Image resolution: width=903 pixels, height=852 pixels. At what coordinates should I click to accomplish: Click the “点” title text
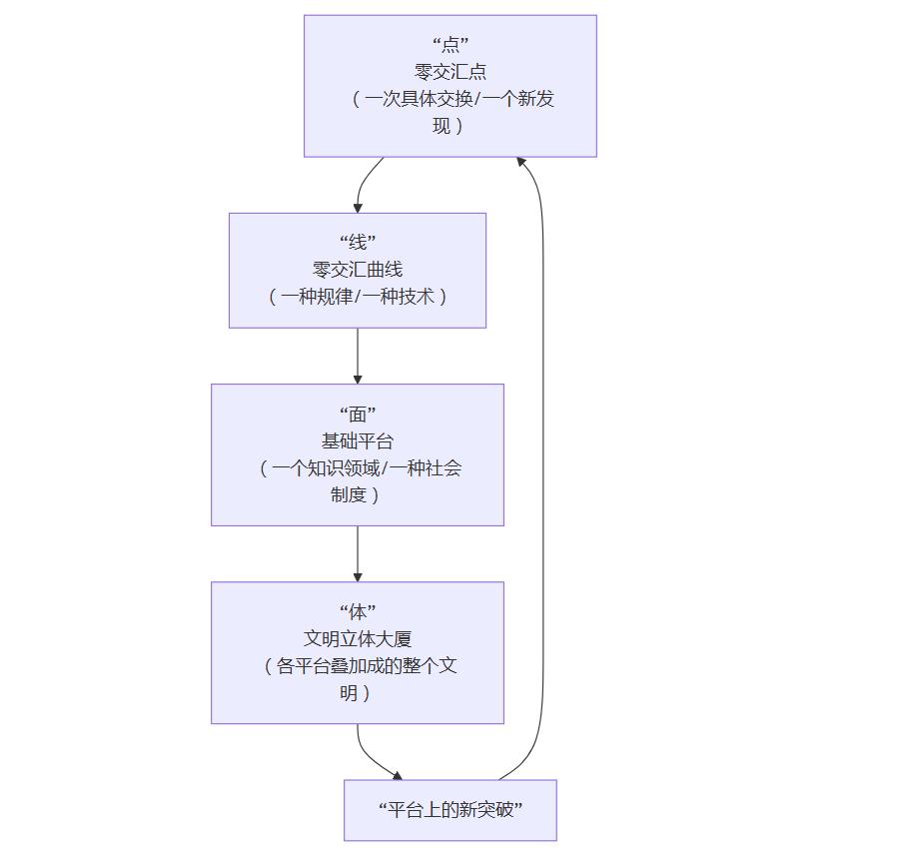tap(451, 44)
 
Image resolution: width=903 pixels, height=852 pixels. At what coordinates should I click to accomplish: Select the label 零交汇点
tap(451, 71)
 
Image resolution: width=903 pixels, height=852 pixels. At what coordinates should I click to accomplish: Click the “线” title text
tap(358, 242)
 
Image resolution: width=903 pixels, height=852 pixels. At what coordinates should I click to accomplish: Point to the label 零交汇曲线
tap(358, 269)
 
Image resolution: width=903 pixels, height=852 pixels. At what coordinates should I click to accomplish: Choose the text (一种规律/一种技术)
tap(358, 297)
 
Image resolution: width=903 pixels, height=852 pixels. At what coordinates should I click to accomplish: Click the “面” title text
tap(358, 414)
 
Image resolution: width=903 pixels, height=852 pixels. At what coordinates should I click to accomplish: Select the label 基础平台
tap(358, 440)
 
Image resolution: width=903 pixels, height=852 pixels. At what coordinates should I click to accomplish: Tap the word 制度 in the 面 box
tap(349, 494)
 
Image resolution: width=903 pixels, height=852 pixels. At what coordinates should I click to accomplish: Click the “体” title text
tap(358, 611)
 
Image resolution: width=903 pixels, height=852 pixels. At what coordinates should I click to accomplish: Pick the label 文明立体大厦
tap(358, 638)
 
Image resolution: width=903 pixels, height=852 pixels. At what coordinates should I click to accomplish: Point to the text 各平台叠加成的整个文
tap(360, 666)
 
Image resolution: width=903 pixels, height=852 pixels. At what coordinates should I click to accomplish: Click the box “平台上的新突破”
tap(451, 810)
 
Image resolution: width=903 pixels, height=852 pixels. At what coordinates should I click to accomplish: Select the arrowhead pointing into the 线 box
tap(358, 207)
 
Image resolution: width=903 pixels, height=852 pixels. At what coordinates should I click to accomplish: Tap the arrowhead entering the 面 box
tap(358, 378)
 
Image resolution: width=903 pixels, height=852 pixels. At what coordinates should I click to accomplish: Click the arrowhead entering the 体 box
tap(358, 575)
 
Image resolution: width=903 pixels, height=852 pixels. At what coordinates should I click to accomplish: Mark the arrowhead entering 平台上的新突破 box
tap(397, 775)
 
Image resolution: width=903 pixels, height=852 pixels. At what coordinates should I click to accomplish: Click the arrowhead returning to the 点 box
tap(521, 161)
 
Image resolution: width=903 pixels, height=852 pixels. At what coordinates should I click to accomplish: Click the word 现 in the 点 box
tap(442, 126)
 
